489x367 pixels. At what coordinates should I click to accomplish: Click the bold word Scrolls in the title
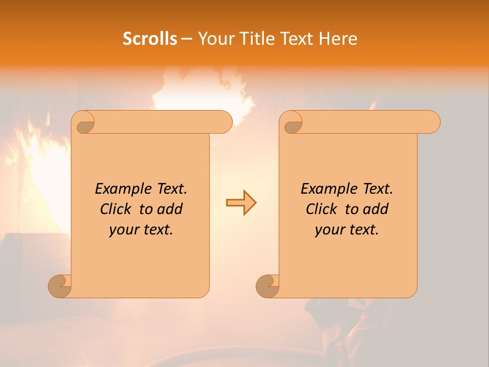(x=150, y=38)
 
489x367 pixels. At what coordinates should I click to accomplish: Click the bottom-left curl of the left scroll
(x=60, y=286)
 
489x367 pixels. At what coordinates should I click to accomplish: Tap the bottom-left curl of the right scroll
(x=268, y=286)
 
